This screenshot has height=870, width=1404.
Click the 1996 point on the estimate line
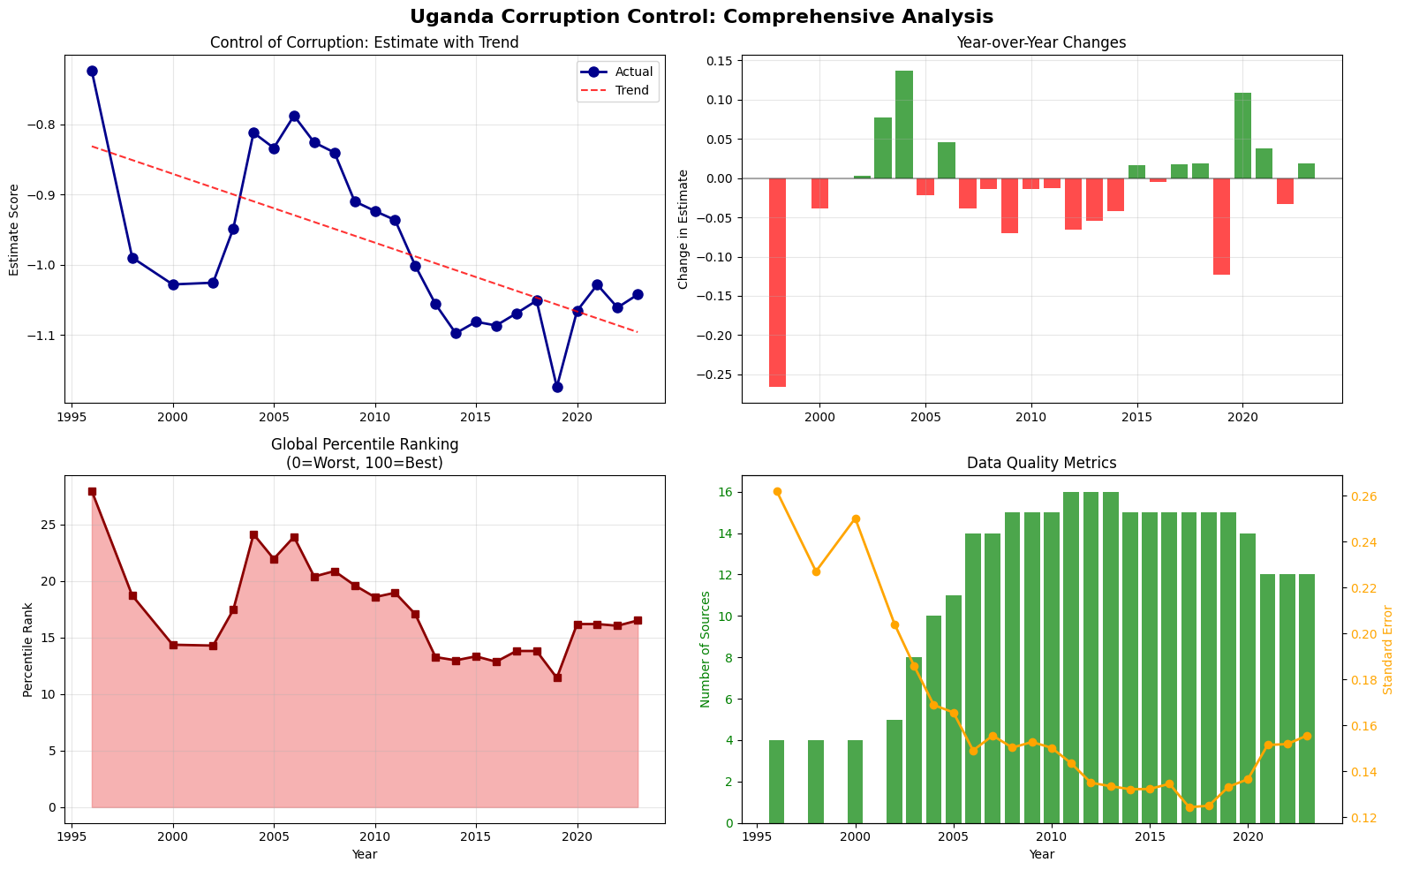click(x=92, y=71)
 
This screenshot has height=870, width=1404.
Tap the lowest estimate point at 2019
click(x=557, y=388)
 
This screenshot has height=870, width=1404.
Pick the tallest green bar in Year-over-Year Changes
click(x=904, y=125)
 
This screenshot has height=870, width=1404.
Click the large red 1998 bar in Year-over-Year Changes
click(x=777, y=283)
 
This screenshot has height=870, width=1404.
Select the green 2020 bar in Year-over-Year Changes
click(x=1243, y=136)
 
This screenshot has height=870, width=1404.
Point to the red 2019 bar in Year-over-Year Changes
click(x=1221, y=226)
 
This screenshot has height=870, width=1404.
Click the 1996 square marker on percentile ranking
click(x=92, y=491)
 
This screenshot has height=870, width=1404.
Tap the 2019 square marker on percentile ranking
click(x=557, y=677)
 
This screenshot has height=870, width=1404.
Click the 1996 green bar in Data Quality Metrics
click(x=776, y=782)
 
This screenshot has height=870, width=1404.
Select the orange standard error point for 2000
click(x=856, y=519)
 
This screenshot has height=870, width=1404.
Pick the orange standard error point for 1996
click(x=777, y=491)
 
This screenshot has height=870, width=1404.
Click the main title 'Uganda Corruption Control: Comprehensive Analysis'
click(x=701, y=16)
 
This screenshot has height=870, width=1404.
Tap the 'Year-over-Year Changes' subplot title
click(x=1042, y=42)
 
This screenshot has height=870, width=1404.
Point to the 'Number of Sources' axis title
click(x=706, y=649)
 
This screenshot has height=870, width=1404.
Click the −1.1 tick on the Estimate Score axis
click(x=45, y=336)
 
